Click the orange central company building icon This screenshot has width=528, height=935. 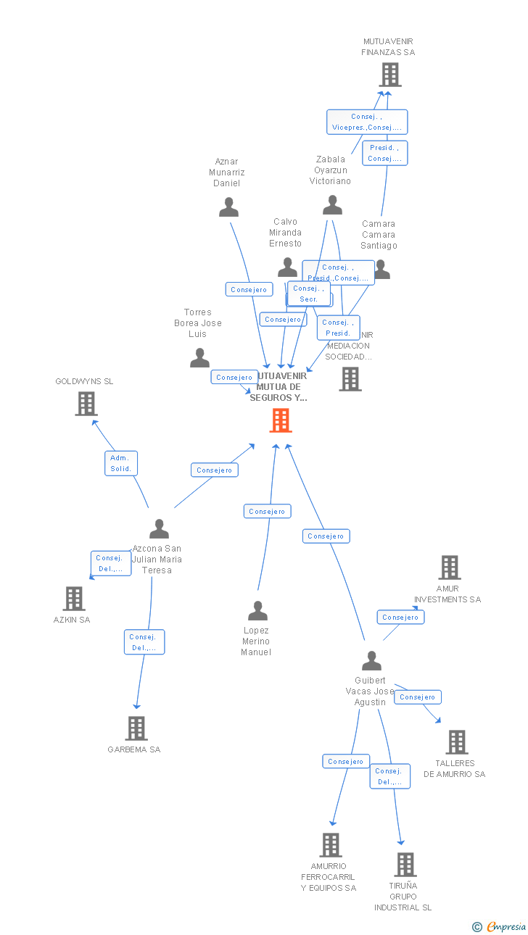pos(281,420)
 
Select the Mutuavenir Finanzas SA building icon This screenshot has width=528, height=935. pos(389,75)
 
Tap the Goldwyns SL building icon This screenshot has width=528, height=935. pos(86,404)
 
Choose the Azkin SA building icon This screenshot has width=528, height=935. pos(73,599)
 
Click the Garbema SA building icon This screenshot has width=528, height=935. pos(136,728)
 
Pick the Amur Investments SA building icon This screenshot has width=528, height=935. pos(450,568)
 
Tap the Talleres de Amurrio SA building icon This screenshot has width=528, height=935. pos(456,742)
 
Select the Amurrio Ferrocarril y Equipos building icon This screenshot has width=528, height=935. pos(330,845)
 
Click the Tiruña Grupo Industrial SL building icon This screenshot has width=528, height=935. pos(405,865)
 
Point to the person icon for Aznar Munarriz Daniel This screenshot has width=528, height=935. pos(228,207)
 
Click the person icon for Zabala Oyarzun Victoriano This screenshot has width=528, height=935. pos(332,205)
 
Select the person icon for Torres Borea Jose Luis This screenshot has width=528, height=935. pos(199,358)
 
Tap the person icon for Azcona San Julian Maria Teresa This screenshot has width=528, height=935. pos(159,529)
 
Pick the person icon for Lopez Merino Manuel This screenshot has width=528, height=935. pos(257,611)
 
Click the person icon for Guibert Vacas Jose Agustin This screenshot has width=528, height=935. pos(371,661)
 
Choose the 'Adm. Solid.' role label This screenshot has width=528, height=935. pos(120,463)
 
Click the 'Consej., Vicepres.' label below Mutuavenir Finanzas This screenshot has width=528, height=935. pos(366,122)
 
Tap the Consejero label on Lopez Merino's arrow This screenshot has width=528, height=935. pos(267,512)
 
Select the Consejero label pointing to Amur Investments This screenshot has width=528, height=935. pos(400,618)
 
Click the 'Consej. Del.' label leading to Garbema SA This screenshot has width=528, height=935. pos(144,642)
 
